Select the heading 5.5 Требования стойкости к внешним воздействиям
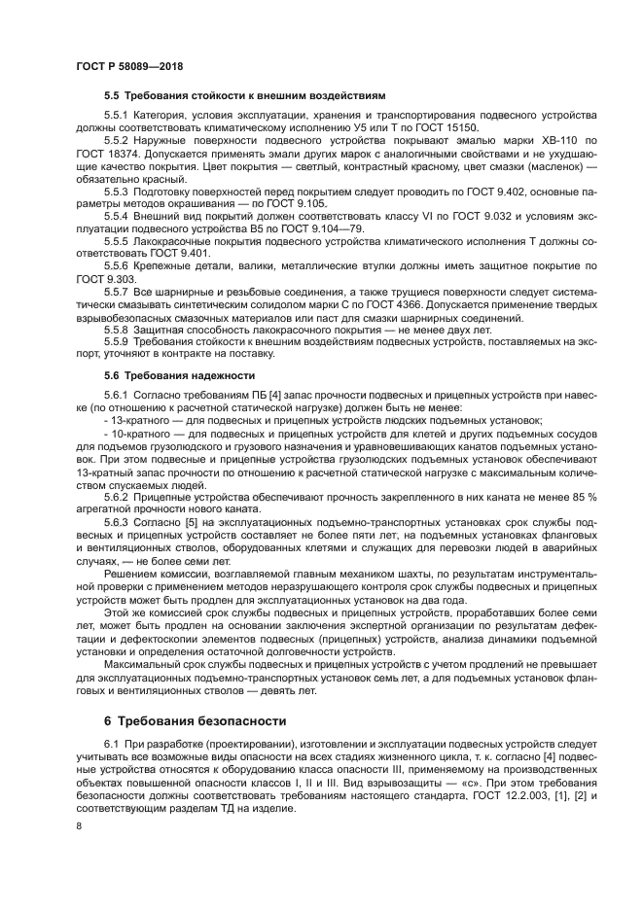point(244,96)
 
